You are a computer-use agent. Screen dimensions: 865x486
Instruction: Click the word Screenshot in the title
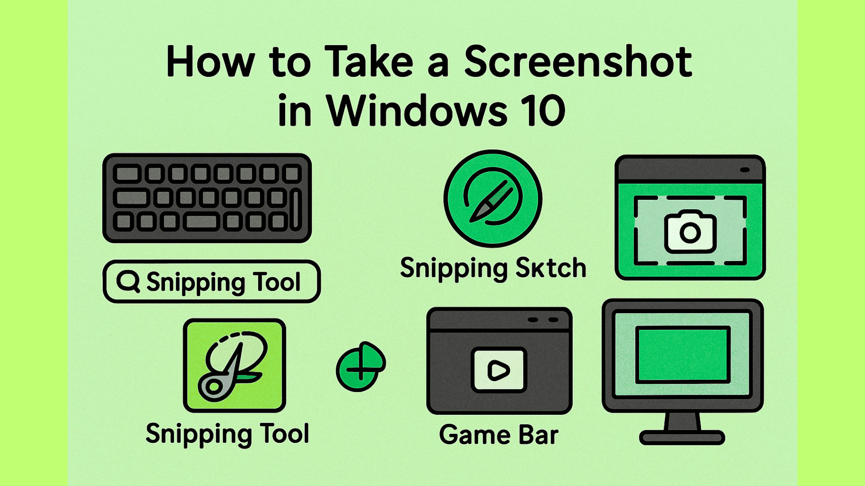578,62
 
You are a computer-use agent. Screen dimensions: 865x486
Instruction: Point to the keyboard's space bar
201,221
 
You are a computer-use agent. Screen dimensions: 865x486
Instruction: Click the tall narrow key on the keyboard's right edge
296,209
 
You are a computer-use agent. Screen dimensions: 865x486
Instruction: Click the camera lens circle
690,233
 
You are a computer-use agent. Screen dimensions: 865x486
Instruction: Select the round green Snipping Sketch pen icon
493,198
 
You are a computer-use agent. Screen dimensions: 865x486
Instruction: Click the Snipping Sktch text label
493,269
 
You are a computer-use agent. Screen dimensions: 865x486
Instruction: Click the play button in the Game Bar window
499,370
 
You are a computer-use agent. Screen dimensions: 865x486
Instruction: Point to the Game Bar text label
499,435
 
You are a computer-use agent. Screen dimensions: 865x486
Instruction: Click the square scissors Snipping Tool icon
234,365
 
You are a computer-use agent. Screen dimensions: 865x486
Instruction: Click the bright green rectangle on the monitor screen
683,355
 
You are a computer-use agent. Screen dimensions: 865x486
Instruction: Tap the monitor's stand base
682,437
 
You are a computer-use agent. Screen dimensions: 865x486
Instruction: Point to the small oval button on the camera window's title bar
745,170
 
